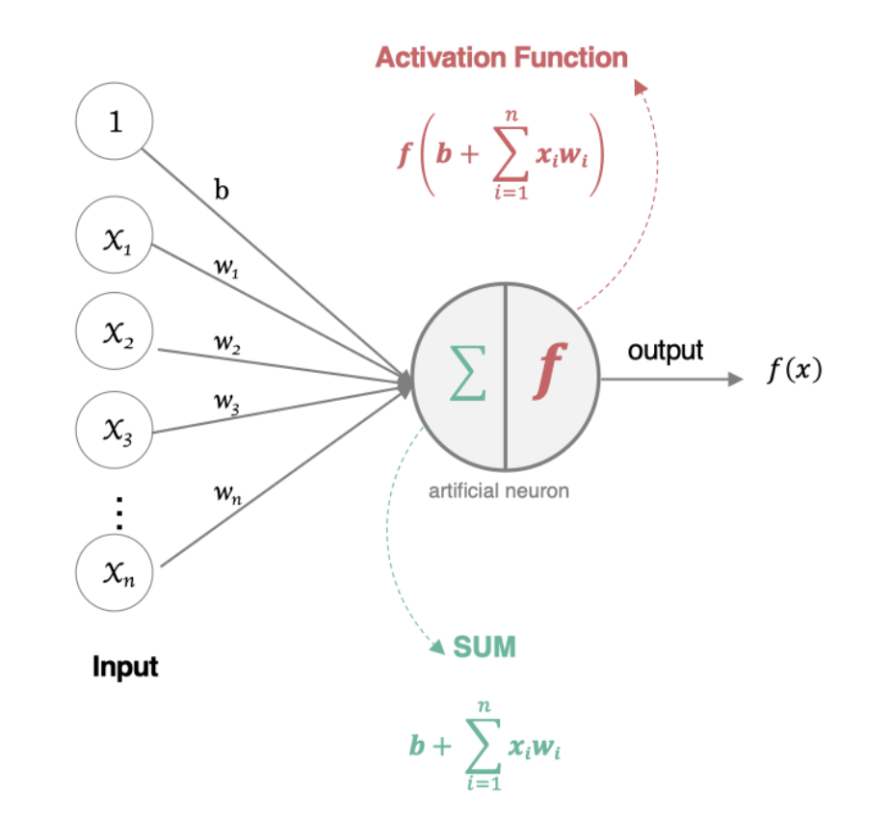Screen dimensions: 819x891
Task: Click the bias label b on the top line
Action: [222, 190]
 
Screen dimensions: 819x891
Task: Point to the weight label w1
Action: [225, 268]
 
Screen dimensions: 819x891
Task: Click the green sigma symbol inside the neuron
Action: [467, 376]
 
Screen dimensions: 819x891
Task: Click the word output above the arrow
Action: [666, 350]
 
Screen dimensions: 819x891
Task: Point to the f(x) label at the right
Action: [794, 370]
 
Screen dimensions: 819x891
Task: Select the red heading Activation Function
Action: [501, 57]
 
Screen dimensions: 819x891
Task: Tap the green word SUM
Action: [485, 647]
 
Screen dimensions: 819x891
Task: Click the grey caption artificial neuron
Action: [499, 491]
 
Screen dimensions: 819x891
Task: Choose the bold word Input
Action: [125, 666]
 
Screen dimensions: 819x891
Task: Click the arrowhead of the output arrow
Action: [736, 379]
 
